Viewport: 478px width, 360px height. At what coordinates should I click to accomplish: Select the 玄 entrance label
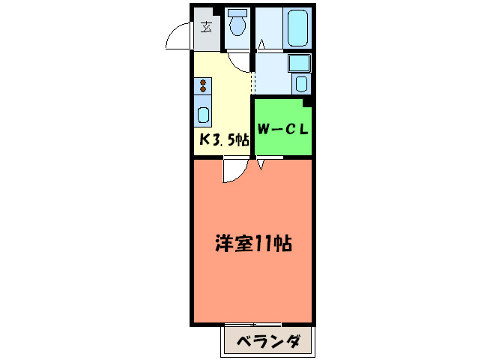(206, 28)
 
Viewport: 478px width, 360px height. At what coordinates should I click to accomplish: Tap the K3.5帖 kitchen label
(223, 139)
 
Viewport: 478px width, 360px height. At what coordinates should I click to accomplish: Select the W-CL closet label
(283, 128)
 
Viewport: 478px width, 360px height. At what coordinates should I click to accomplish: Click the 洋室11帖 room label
(253, 244)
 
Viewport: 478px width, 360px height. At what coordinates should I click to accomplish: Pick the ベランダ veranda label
(269, 343)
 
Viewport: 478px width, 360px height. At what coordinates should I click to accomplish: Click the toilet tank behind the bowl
(238, 13)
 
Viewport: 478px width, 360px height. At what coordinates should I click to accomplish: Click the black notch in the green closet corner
(307, 102)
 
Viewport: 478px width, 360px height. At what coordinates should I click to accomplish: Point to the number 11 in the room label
(264, 244)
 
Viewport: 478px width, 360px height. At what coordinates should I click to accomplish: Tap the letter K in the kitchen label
(203, 139)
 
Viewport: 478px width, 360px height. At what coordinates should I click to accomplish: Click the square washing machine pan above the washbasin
(300, 63)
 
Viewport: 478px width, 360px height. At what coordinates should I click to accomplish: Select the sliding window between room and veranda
(252, 325)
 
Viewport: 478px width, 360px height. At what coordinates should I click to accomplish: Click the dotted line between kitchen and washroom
(254, 75)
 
